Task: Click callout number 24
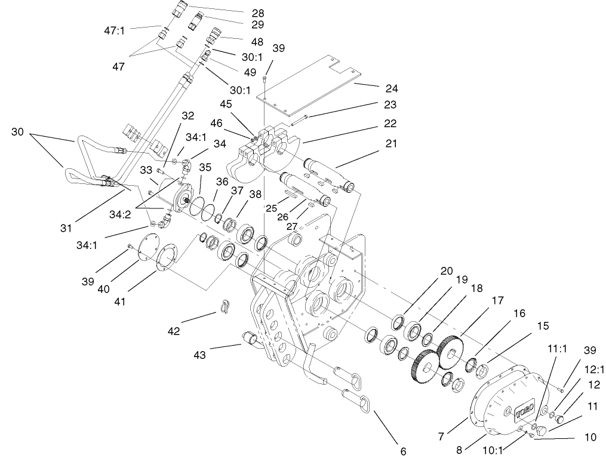pyautogui.click(x=392, y=88)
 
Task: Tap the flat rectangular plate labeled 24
pyautogui.click(x=310, y=84)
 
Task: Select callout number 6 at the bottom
pyautogui.click(x=403, y=452)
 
